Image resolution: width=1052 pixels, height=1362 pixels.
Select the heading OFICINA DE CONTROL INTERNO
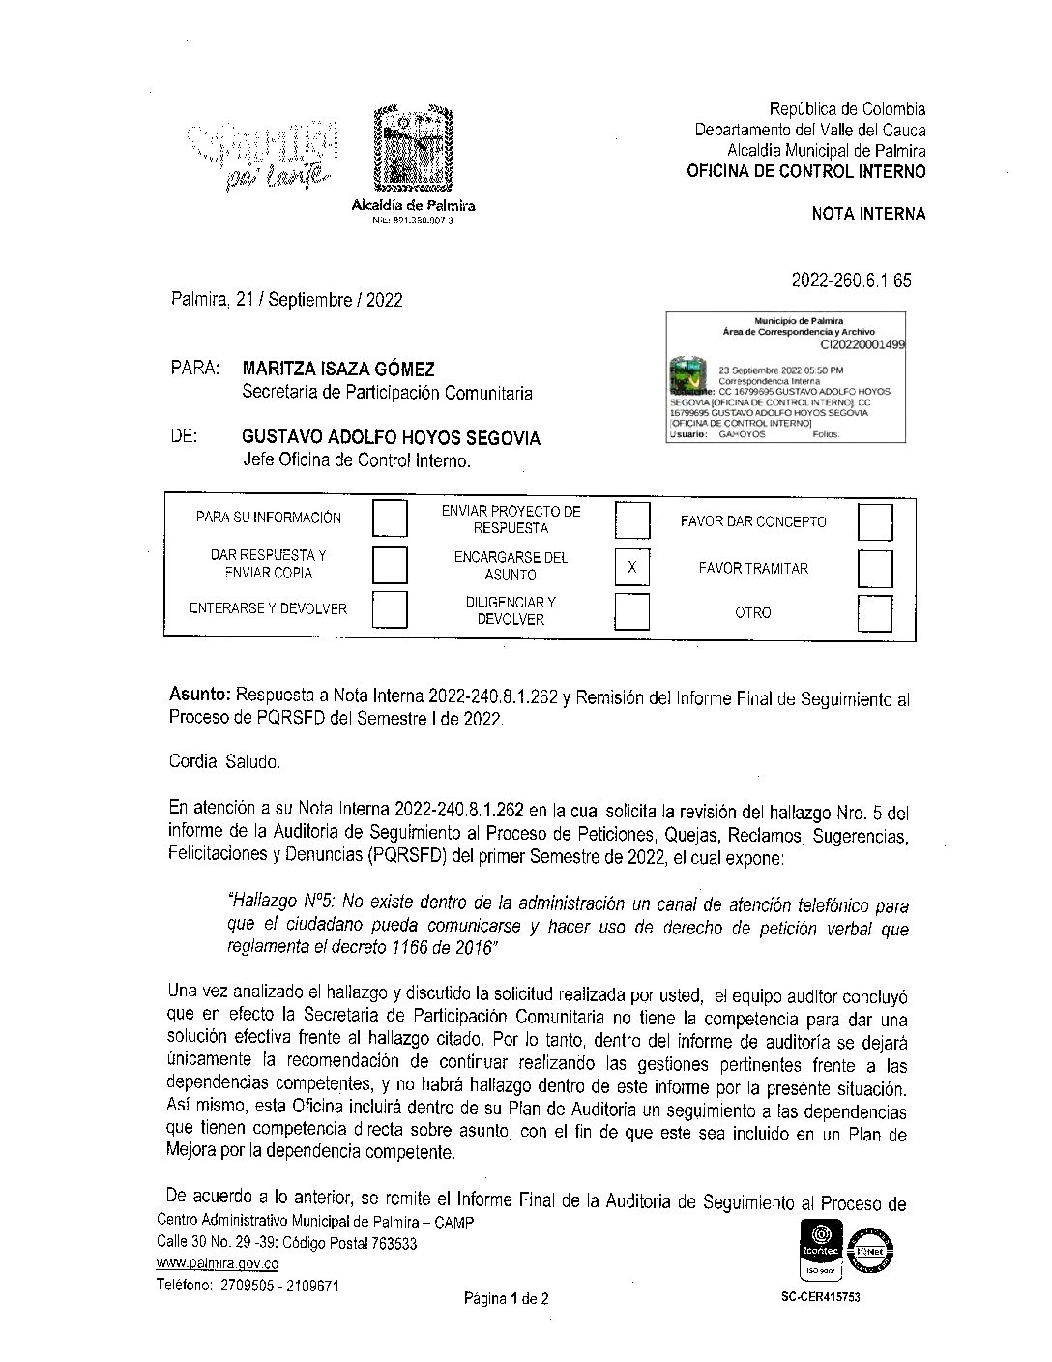click(805, 172)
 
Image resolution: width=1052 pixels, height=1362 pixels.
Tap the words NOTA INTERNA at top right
click(868, 214)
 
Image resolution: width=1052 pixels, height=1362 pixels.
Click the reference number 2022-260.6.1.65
click(851, 281)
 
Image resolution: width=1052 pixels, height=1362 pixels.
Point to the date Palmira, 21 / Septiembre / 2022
click(286, 300)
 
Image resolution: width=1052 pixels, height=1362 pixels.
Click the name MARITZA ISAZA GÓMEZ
click(338, 369)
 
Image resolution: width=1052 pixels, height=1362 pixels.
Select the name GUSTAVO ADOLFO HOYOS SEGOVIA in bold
click(391, 438)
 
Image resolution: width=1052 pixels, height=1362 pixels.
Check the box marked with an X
click(631, 568)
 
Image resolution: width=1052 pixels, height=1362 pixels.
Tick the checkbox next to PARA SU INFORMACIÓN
click(390, 518)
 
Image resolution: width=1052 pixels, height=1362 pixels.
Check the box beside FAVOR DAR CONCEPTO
click(875, 522)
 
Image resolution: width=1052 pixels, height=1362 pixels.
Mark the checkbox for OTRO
click(875, 613)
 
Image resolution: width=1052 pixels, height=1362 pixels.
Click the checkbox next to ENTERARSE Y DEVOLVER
click(390, 609)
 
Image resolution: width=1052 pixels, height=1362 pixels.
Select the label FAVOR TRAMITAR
click(753, 569)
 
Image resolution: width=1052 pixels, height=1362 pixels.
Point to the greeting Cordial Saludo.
click(225, 762)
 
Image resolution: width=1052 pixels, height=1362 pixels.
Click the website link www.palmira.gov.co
click(218, 1264)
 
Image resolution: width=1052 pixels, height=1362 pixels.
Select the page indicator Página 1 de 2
click(506, 1299)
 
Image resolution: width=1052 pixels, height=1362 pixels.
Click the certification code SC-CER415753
click(820, 1297)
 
